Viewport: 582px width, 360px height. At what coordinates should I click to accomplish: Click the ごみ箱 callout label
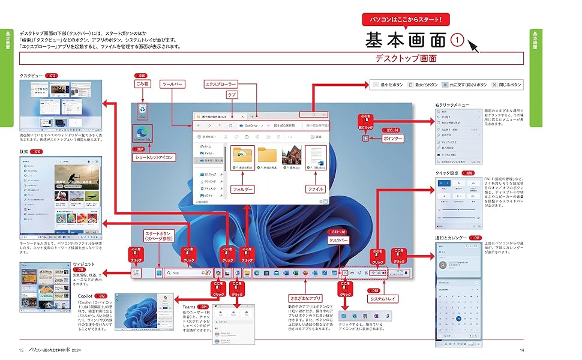pos(142,84)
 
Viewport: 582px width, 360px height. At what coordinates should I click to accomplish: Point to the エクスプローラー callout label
pos(221,84)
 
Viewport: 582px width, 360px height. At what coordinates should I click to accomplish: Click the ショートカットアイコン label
pos(152,157)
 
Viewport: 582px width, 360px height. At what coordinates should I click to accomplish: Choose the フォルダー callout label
pos(242,189)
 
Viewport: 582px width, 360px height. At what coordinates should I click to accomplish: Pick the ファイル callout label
pos(316,189)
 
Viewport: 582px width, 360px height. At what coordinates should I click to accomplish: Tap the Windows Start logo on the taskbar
pos(159,273)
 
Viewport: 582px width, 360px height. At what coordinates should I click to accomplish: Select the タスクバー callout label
pos(338,240)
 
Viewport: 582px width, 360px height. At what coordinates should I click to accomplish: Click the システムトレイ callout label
pos(382,298)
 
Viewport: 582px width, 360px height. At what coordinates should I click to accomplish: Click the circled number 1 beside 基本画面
pos(457,40)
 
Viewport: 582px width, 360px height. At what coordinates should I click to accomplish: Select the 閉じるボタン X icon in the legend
pos(494,85)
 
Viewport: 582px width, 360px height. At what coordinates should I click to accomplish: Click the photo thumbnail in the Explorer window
pos(291,158)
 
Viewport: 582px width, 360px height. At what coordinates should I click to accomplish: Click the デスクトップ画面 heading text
pos(405,59)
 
